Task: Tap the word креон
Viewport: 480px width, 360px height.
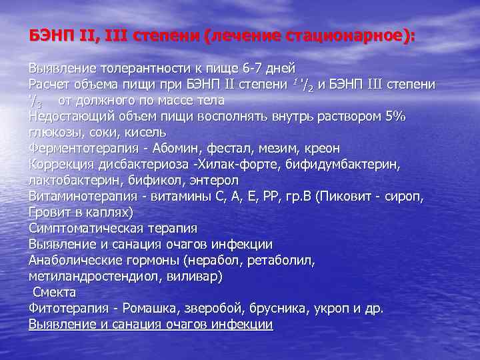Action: pos(320,148)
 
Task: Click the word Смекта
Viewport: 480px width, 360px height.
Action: pos(54,292)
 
